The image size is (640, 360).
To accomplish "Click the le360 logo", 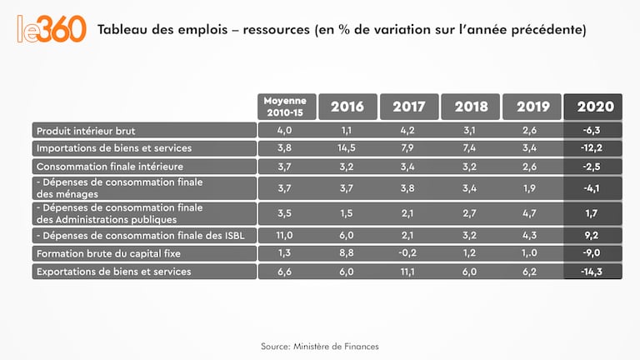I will (x=51, y=28).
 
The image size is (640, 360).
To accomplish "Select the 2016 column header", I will (x=347, y=106).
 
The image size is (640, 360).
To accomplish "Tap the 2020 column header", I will (x=594, y=106).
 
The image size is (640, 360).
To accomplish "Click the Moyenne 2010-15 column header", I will (x=286, y=106).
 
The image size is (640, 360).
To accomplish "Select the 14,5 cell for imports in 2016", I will (x=347, y=148).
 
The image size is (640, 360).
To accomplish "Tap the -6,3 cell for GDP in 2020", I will (x=594, y=130).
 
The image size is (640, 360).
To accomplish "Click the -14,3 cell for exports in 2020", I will (x=594, y=272).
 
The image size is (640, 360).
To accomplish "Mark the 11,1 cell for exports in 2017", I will (x=408, y=272).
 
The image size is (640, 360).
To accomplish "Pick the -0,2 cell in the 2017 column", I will (x=408, y=253).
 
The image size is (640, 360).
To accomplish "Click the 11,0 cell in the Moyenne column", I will (x=286, y=235).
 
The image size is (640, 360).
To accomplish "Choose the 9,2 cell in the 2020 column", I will (x=594, y=235).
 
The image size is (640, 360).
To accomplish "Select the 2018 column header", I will (x=471, y=106).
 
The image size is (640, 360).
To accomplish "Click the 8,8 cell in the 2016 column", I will (x=347, y=253).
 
